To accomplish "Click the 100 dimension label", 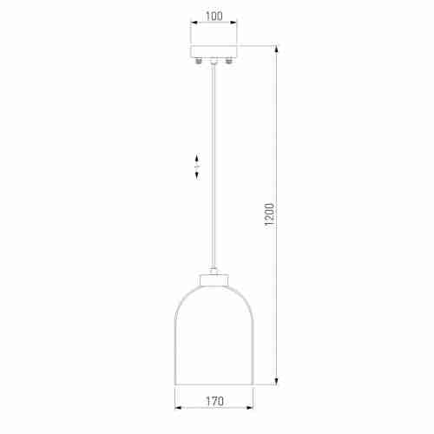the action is pyautogui.click(x=214, y=16).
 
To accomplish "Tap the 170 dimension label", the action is pyautogui.click(x=214, y=401).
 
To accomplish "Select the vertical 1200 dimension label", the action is pyautogui.click(x=269, y=214).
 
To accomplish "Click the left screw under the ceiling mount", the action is pyautogui.click(x=198, y=61).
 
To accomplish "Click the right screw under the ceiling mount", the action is pyautogui.click(x=229, y=61).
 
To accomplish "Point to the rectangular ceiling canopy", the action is pyautogui.click(x=214, y=51).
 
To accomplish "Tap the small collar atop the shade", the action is pyautogui.click(x=214, y=279).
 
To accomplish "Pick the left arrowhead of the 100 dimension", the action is pyautogui.click(x=194, y=23).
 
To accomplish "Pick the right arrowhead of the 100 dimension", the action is pyautogui.click(x=233, y=23).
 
